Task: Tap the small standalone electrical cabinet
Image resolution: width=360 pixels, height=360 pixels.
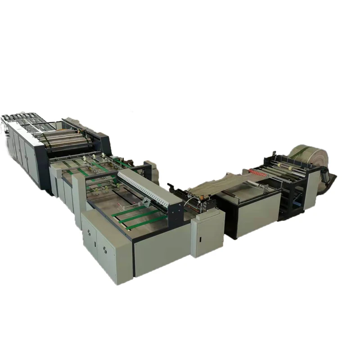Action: [x=207, y=234]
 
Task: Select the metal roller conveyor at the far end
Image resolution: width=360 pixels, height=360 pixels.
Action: [x=18, y=119]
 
